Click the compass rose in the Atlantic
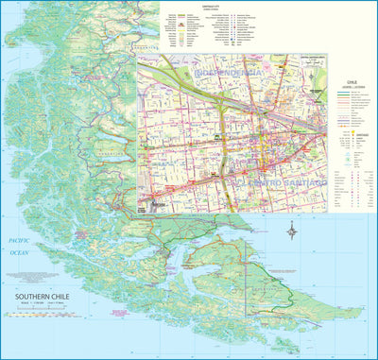tap(294, 229)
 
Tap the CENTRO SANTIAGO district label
tap(281, 180)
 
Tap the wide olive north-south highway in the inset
tap(221, 132)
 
